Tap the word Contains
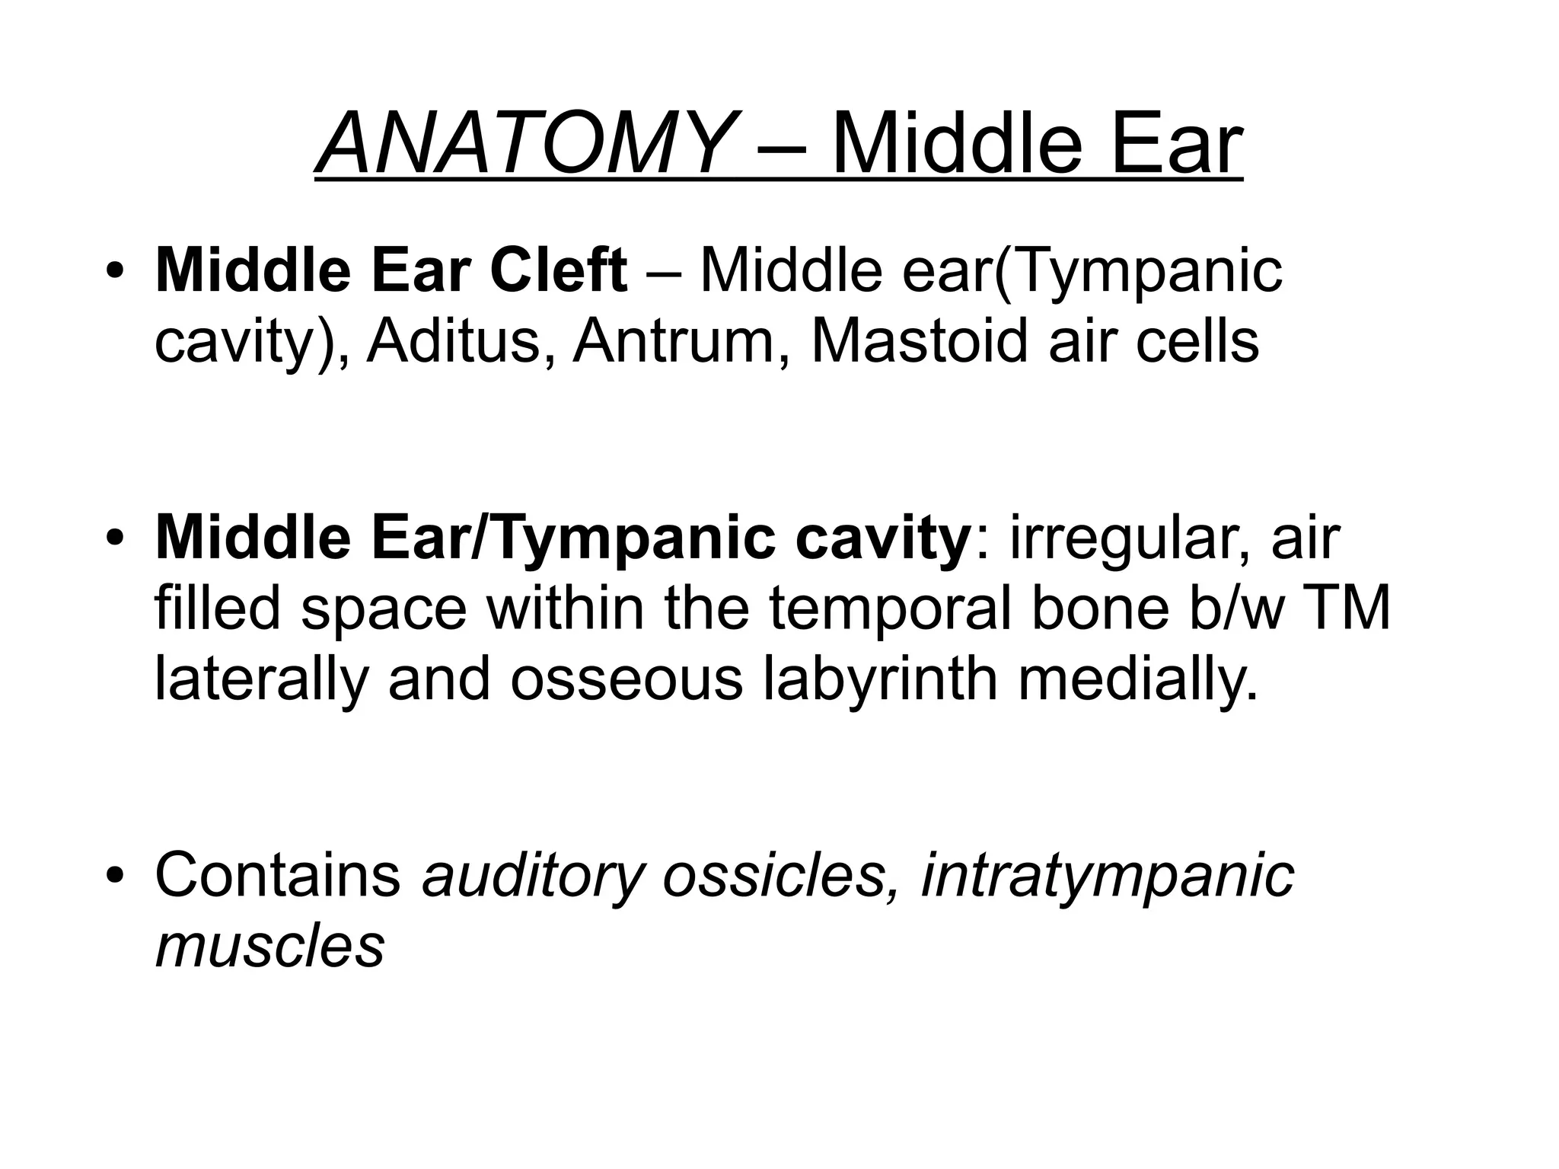278,876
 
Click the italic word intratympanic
1107,876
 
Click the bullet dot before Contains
115,876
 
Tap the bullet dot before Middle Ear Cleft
115,272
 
